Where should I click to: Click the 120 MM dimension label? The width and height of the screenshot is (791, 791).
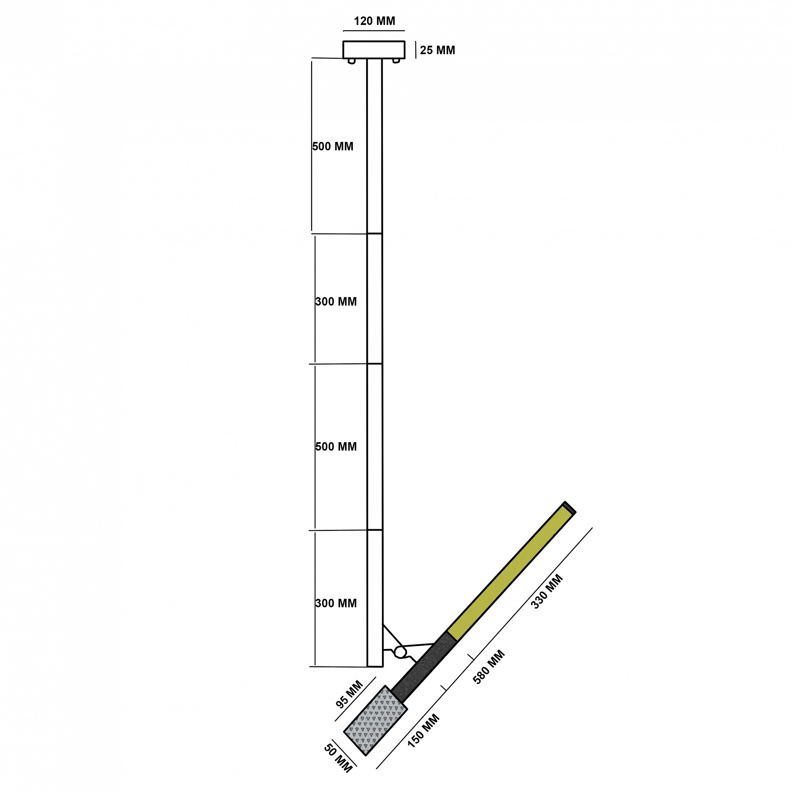pyautogui.click(x=374, y=21)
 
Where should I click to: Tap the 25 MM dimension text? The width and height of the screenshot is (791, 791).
pyautogui.click(x=437, y=50)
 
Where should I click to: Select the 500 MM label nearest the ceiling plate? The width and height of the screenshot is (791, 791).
pyautogui.click(x=333, y=146)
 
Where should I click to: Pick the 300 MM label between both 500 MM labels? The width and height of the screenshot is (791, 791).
pyautogui.click(x=336, y=301)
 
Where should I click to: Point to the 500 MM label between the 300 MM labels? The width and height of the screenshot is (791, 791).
pyautogui.click(x=336, y=446)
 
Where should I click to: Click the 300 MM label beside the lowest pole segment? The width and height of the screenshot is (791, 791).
pyautogui.click(x=336, y=603)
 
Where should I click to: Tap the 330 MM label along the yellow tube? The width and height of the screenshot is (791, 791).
pyautogui.click(x=547, y=592)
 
